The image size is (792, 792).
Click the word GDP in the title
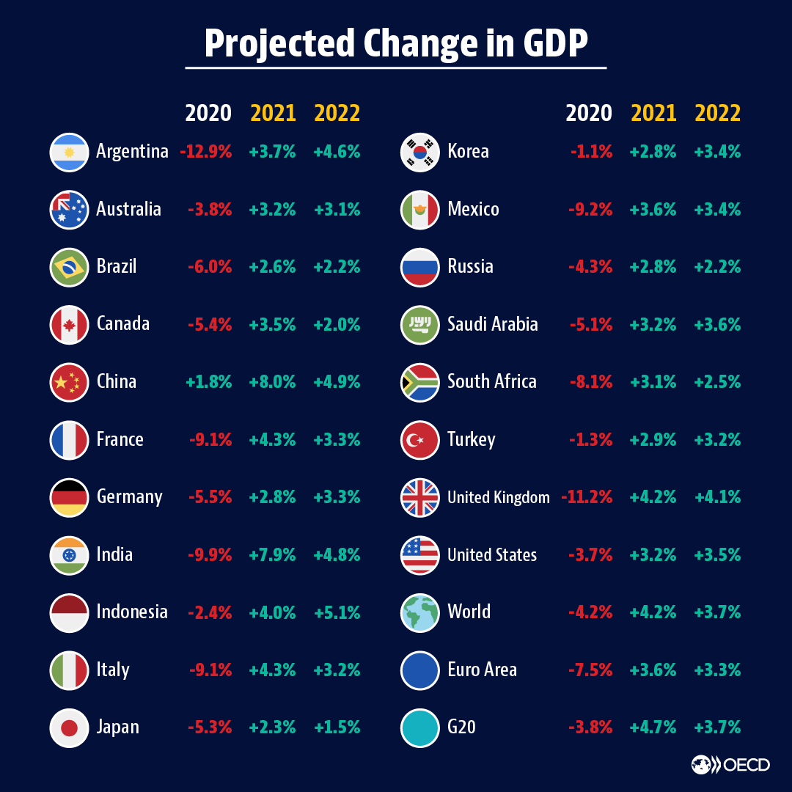pyautogui.click(x=556, y=43)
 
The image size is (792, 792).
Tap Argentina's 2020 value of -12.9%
pyautogui.click(x=206, y=152)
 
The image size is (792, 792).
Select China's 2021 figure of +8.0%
pyautogui.click(x=272, y=382)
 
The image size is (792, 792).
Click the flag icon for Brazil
pyautogui.click(x=69, y=267)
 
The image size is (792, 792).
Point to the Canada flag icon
pyautogui.click(x=69, y=325)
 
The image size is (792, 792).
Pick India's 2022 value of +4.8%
pyautogui.click(x=337, y=555)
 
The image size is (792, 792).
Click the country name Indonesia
pyautogui.click(x=132, y=612)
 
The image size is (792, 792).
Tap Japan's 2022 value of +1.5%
pyautogui.click(x=337, y=727)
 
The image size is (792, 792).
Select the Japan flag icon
pyautogui.click(x=69, y=728)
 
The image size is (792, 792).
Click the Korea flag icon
pyautogui.click(x=419, y=152)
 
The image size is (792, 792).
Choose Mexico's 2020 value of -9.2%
pyautogui.click(x=590, y=209)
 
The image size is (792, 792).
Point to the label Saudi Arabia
pyautogui.click(x=493, y=324)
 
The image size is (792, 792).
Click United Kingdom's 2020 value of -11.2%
pyautogui.click(x=587, y=497)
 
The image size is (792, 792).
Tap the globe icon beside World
pyautogui.click(x=419, y=612)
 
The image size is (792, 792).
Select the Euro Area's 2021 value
pyautogui.click(x=653, y=670)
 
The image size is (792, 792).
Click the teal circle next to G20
pyautogui.click(x=419, y=728)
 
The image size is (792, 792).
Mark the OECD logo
pyautogui.click(x=730, y=765)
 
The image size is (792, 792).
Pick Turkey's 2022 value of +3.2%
pyautogui.click(x=717, y=440)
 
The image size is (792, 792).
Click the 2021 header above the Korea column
pyautogui.click(x=653, y=113)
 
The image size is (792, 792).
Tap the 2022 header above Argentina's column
pyautogui.click(x=337, y=113)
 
